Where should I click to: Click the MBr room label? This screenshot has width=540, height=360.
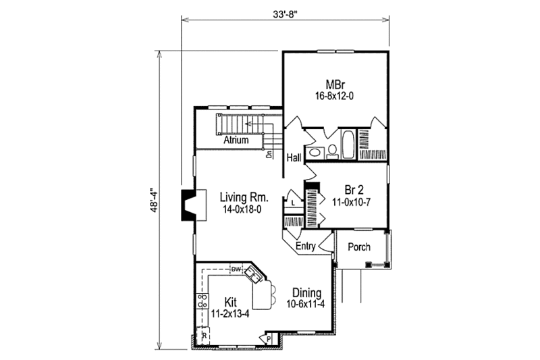[335, 85]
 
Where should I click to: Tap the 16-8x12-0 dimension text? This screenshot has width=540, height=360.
[335, 96]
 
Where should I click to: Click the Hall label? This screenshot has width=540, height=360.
[293, 158]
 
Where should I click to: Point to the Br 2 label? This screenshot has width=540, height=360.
[348, 190]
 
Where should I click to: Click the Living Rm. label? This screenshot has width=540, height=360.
[244, 198]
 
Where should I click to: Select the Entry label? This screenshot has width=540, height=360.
[306, 247]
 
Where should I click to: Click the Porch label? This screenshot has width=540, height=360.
[358, 247]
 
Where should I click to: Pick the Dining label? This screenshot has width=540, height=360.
[307, 293]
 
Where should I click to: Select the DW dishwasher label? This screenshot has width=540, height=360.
[236, 270]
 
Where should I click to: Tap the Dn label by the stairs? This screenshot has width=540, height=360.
[269, 155]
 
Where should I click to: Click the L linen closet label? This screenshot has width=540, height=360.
[293, 202]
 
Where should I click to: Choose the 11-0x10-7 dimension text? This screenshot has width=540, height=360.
[350, 201]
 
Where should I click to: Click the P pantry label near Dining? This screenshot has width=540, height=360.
[269, 338]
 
